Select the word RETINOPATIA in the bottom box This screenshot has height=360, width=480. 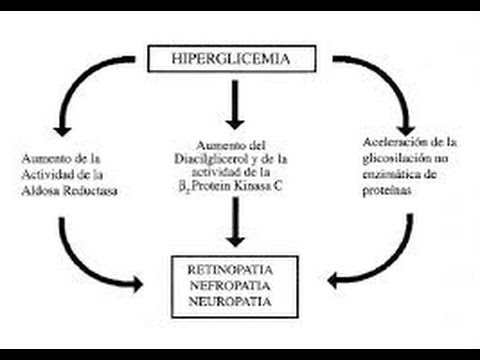234,270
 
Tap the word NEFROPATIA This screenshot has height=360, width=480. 234,285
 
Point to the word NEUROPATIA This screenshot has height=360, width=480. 234,300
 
